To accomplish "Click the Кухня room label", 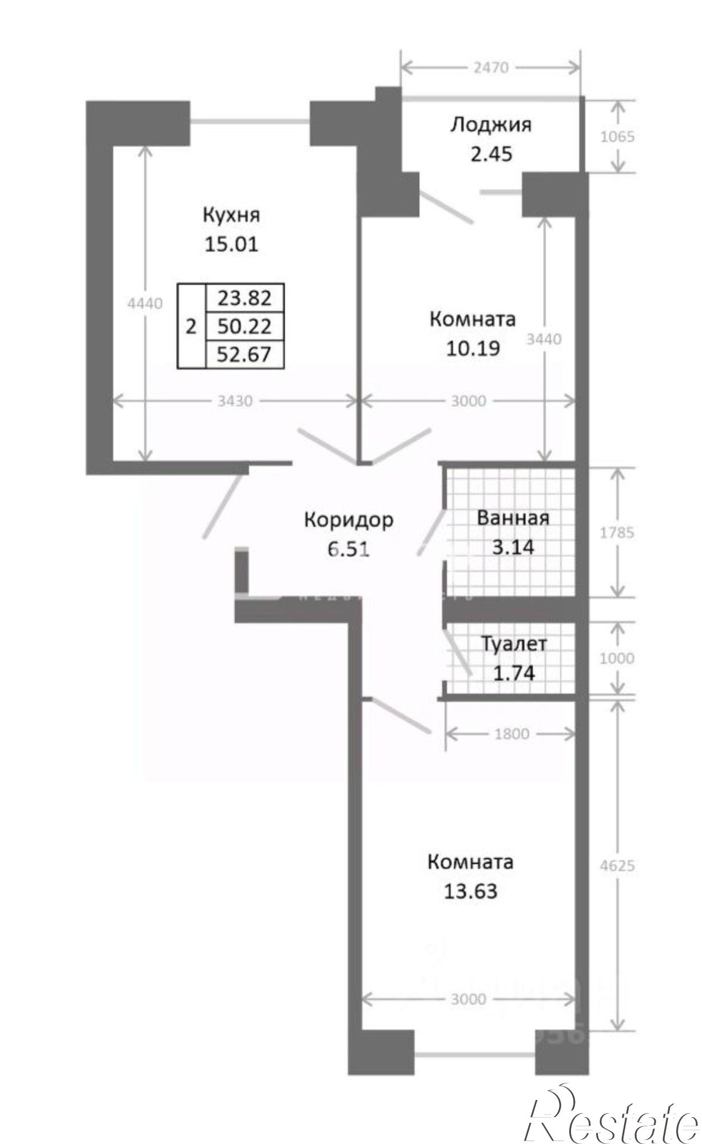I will (231, 216).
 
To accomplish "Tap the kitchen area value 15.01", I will (231, 244).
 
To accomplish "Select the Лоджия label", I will (490, 125).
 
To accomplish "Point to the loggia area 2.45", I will (490, 154).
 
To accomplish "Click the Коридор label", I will (348, 520).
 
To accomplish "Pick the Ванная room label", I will (513, 518).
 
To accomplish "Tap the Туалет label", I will (514, 644).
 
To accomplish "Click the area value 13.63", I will (470, 891).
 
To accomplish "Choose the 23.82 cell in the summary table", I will (244, 298).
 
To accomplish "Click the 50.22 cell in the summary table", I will (244, 327).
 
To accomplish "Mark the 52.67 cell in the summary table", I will (244, 355).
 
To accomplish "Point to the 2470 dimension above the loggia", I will (490, 67).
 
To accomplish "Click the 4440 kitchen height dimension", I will (145, 304).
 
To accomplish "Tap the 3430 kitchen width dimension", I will (235, 402).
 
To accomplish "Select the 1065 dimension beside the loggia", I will (618, 137).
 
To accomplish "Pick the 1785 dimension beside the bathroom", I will (618, 533).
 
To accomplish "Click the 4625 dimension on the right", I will (618, 865).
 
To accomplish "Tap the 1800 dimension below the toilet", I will (511, 734).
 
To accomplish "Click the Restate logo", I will (612, 1114).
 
